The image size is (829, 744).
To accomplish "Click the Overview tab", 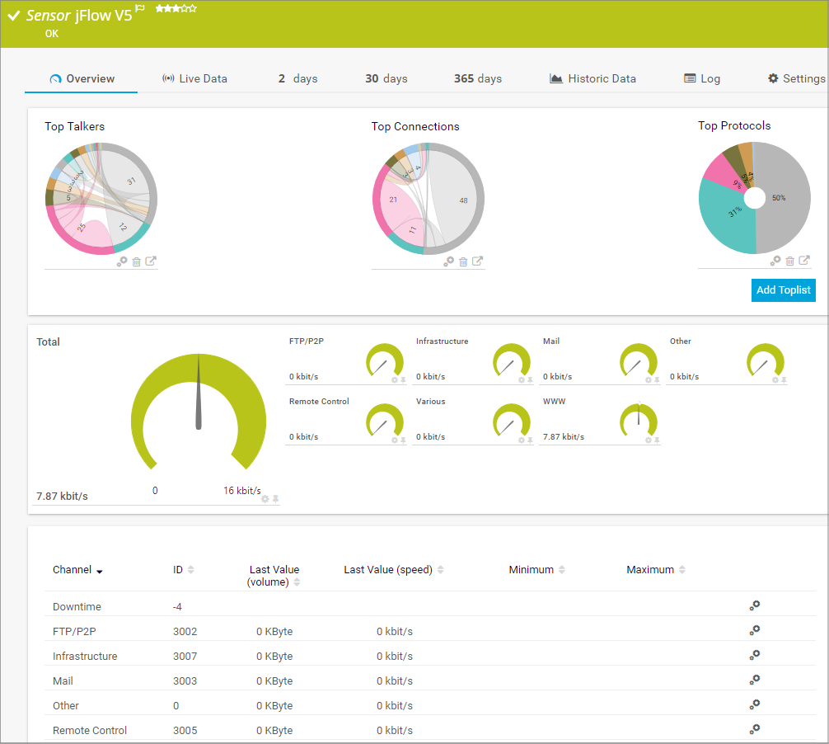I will pos(82,79).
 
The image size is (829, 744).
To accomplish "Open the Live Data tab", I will pos(194,79).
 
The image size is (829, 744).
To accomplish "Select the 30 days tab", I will pos(386,79).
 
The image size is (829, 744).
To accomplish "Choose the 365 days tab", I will pos(477,79).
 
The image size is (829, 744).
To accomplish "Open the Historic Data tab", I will pos(592,79).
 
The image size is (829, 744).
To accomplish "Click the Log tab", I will pos(702,79).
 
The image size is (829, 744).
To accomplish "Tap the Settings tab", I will pos(796,79).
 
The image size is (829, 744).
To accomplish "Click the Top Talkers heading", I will pos(74,127).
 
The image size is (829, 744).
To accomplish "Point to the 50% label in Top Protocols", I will pos(779,198).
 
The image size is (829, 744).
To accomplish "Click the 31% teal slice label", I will pos(735,213).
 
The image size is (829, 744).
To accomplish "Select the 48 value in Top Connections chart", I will pos(463,200).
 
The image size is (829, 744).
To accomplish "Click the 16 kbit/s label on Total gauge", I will pos(241,491).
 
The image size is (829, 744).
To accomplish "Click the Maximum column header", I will pos(650,570).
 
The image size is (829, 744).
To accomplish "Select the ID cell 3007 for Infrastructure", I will pos(185,657).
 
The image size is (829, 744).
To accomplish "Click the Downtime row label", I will pos(77,607).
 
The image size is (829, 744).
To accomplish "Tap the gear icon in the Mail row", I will pos(754,680).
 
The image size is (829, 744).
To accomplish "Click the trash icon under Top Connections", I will pos(463,261).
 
